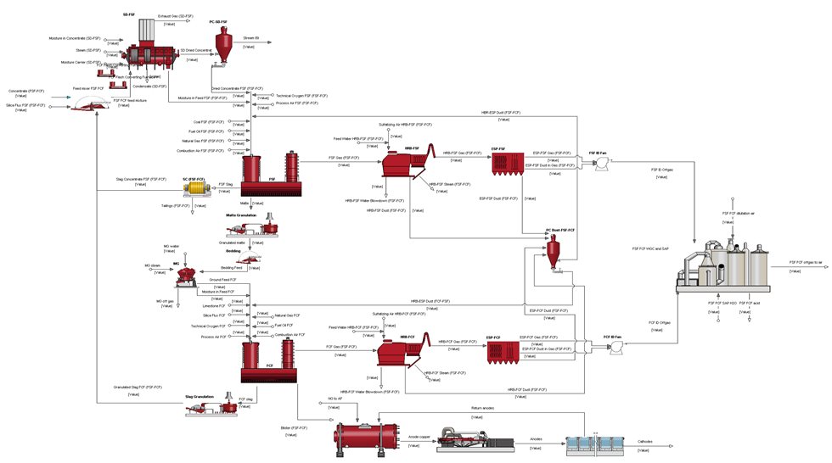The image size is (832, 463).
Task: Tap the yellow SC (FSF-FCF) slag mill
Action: (195, 184)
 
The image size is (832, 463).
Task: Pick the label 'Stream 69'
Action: (251, 38)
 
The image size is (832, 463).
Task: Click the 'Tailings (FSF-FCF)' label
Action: (173, 205)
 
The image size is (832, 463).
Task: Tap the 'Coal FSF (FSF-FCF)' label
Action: (209, 122)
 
